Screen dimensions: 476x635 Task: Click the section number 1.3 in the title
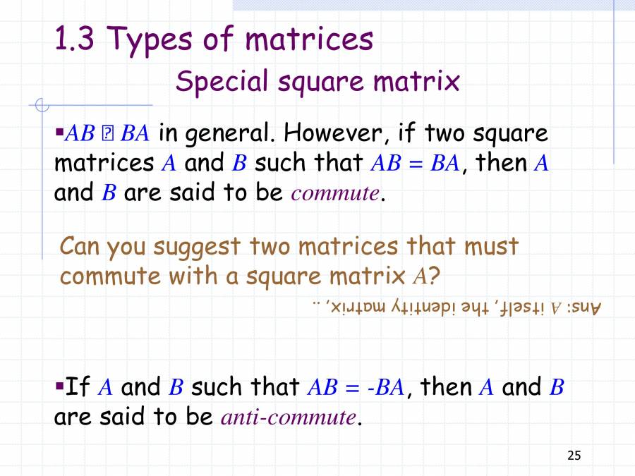click(73, 41)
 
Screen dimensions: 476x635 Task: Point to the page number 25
click(574, 456)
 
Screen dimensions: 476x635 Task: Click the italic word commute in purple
click(334, 193)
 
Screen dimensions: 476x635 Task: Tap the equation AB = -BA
click(356, 387)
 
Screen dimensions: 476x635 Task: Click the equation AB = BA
click(415, 164)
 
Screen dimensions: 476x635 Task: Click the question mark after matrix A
click(435, 276)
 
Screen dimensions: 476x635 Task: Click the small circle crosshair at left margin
click(42, 106)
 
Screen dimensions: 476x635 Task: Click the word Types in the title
click(154, 41)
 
